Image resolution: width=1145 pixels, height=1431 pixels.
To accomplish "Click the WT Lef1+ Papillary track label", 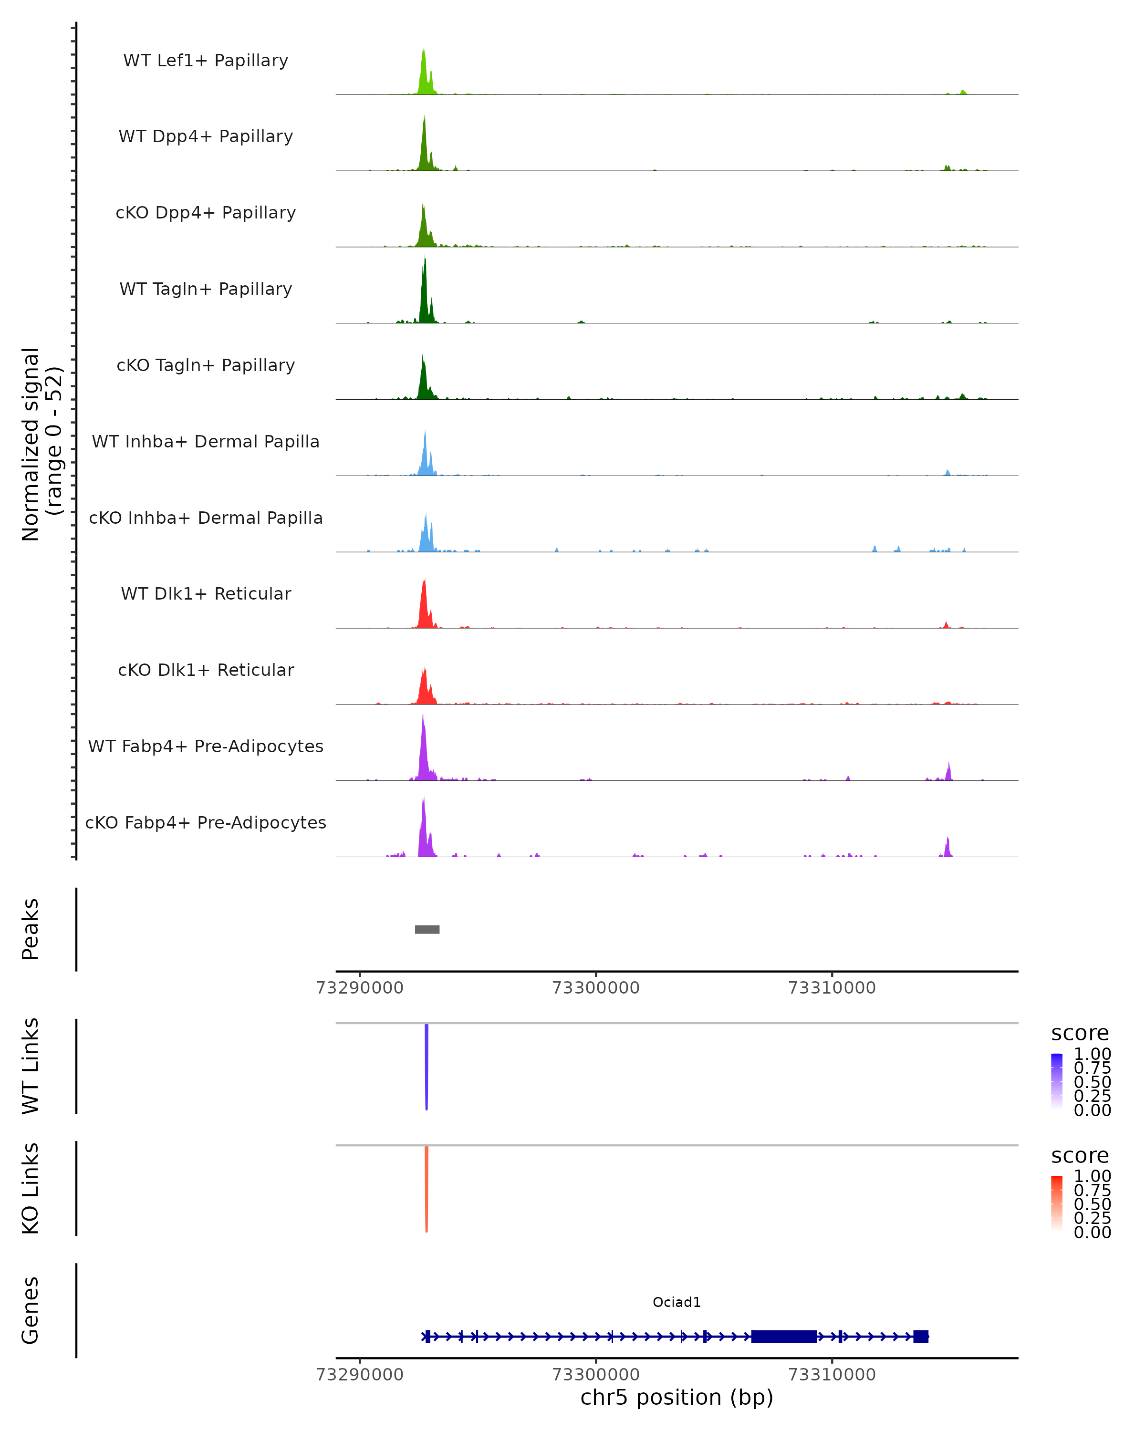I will coord(206,61).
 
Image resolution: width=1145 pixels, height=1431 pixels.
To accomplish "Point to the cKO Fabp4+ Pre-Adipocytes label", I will coord(206,822).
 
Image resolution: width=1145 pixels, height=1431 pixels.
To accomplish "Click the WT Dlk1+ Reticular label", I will coord(206,593).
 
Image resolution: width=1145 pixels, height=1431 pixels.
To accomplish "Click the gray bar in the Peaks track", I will coord(427,929).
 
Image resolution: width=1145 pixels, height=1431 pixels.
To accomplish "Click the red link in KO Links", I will coord(426,1188).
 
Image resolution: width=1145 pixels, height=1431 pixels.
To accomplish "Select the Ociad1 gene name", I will coord(677,1302).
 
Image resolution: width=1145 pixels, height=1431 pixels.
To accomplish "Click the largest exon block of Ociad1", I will coord(783,1336).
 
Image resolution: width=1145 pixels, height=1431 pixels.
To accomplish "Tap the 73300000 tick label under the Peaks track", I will coord(595,988).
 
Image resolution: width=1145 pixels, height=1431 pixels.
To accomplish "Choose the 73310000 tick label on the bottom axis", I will coord(832,1375).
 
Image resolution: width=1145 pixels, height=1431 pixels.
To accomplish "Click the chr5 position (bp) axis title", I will coord(677,1398).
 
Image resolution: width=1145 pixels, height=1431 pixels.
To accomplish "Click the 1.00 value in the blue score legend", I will coord(1092,1054).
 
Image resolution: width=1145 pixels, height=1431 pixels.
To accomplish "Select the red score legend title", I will coord(1079,1156).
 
